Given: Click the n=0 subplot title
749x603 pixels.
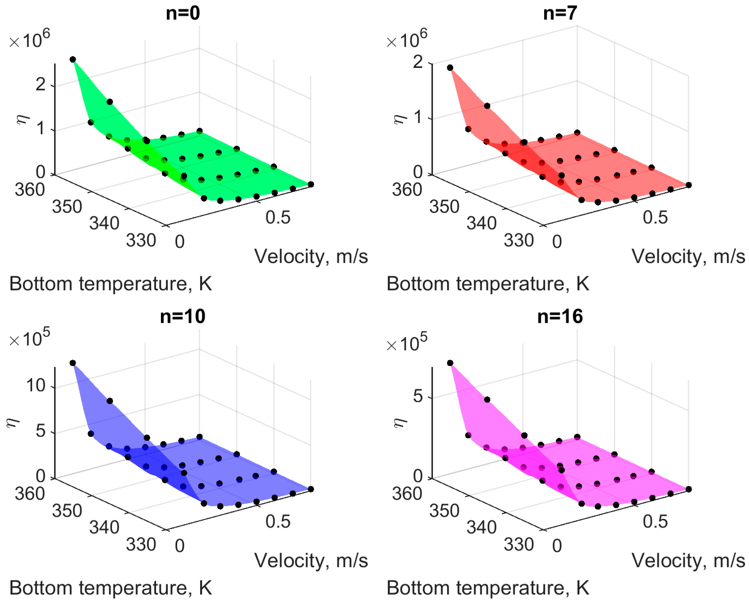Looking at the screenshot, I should click(x=183, y=13).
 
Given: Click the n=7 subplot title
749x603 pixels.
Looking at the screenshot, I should click(x=560, y=13).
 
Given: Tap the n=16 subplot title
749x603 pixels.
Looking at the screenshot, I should click(x=560, y=316).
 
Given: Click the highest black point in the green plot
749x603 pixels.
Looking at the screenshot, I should click(x=73, y=59).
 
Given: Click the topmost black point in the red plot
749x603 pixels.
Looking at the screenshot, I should click(x=450, y=68).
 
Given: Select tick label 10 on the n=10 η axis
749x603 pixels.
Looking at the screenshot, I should click(x=36, y=386).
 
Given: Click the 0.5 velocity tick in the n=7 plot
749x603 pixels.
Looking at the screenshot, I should click(x=655, y=218).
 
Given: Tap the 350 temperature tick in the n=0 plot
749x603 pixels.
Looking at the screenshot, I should click(x=67, y=207).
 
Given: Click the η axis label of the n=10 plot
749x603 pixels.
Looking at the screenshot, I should click(x=14, y=422).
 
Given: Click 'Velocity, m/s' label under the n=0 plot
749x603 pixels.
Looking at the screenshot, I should click(x=311, y=257).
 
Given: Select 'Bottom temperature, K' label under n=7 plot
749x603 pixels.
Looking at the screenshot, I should click(x=488, y=284).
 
